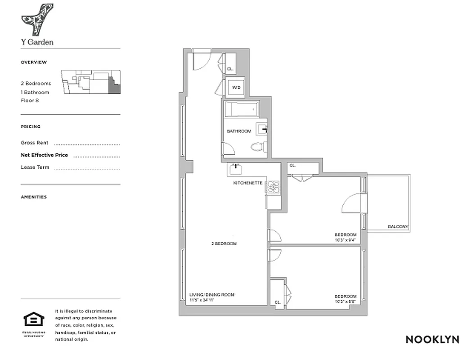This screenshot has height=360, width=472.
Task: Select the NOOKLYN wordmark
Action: point(432,339)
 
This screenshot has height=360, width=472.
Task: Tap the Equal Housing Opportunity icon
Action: point(34,320)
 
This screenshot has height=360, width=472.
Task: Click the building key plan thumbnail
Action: point(91,82)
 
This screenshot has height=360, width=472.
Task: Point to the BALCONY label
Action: point(398,227)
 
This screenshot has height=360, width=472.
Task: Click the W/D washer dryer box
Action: point(236,88)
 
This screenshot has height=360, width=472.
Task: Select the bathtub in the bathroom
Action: point(242,109)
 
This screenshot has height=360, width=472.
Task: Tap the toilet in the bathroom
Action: point(257,146)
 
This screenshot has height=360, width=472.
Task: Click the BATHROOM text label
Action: point(238,131)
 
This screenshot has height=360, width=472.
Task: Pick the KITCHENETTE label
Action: point(247,183)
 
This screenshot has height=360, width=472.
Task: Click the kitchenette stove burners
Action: point(274,187)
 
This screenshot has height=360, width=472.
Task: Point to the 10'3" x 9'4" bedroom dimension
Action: point(345,240)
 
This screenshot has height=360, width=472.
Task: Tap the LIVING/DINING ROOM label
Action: point(211,295)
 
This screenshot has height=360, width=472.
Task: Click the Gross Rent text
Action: point(34,143)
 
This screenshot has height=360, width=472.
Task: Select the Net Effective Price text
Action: point(44,155)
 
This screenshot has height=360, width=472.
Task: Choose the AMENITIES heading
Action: point(33,197)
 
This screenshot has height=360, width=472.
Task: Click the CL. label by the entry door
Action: point(230,69)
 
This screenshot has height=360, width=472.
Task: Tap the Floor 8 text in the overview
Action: point(30,100)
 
